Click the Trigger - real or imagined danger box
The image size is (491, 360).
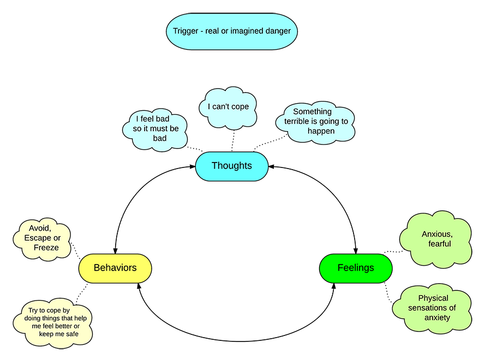click(x=232, y=31)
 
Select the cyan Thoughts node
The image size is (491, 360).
click(x=232, y=166)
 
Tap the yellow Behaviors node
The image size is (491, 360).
click(x=115, y=268)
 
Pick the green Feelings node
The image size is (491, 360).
click(x=356, y=268)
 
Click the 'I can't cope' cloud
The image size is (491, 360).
click(x=228, y=107)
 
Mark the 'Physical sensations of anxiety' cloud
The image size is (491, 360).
click(x=433, y=308)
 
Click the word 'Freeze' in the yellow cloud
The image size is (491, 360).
click(x=46, y=248)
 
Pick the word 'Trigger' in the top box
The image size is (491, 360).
click(x=186, y=31)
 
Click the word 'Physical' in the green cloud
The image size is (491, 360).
click(x=433, y=298)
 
